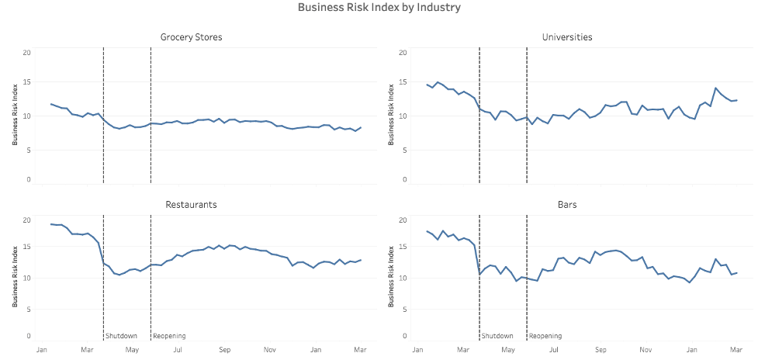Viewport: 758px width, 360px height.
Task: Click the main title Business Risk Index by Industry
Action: tap(379, 8)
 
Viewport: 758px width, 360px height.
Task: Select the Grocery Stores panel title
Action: tap(191, 37)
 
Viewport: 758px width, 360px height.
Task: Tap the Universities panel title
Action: tap(567, 37)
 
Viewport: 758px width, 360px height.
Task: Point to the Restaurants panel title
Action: tap(191, 205)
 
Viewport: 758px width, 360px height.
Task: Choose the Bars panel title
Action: tap(567, 205)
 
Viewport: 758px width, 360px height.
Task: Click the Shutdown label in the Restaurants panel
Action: tap(122, 336)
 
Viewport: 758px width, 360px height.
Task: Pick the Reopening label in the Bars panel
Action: tap(545, 336)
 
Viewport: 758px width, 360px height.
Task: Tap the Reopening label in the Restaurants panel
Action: tap(169, 336)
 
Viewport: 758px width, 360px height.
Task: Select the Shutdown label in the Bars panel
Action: tap(497, 336)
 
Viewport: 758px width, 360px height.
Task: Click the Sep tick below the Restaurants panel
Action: tap(224, 351)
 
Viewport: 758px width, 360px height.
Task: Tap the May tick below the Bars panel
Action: tap(508, 351)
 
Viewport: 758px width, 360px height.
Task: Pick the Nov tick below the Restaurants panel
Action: tap(269, 351)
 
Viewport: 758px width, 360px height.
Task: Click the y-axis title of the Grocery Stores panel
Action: tap(15, 116)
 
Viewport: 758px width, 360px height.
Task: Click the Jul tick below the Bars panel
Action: tap(554, 351)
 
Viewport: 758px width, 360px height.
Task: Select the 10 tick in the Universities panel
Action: tap(403, 116)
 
